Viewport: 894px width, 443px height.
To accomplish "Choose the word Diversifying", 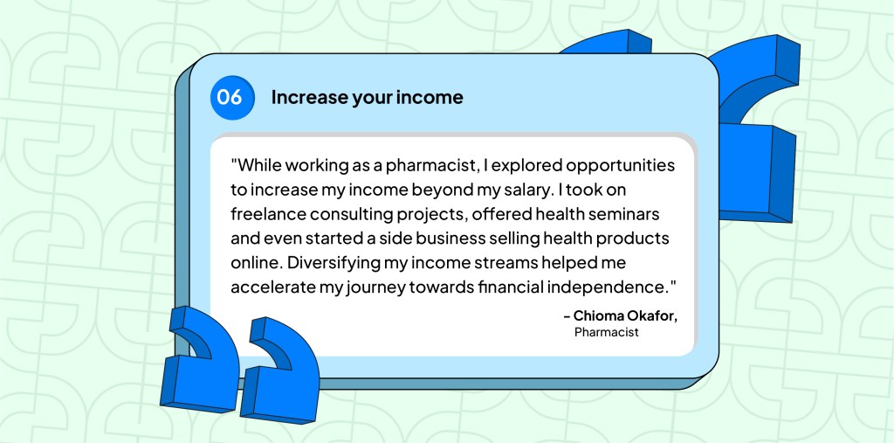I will coord(335,262).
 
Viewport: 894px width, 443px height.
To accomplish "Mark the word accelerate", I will coord(274,287).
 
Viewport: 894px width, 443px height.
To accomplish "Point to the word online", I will coord(255,262).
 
